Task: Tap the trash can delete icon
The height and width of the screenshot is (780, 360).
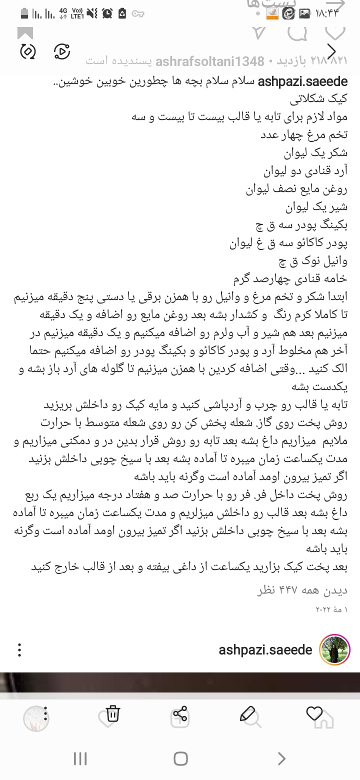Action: point(113,714)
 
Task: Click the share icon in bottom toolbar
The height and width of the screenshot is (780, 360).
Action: point(180,714)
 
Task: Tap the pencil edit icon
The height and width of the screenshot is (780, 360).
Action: point(247,714)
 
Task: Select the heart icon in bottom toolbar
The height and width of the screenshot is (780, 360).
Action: point(314,714)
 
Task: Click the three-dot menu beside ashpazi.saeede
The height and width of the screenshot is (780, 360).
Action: point(19,650)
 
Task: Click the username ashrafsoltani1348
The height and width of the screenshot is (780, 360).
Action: point(210,61)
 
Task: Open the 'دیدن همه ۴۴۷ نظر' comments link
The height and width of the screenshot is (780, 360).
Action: point(302,590)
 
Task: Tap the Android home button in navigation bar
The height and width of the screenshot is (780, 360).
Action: point(180,759)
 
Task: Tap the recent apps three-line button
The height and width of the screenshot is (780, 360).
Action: point(80,759)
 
